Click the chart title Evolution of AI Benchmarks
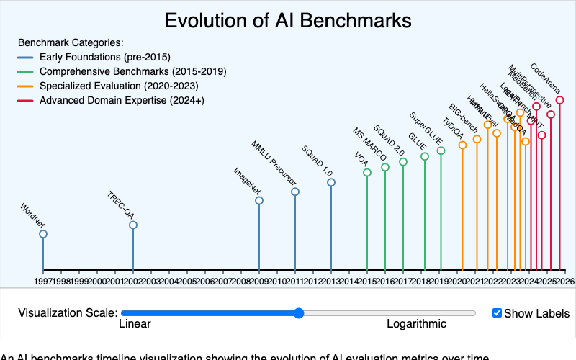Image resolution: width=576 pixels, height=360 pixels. [x=288, y=20]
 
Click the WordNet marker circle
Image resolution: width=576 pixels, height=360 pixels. [x=43, y=234]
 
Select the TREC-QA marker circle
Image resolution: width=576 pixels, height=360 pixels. [x=133, y=225]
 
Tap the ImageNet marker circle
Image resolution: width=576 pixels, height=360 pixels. [x=259, y=201]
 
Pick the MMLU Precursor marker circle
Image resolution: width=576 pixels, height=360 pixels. [x=295, y=192]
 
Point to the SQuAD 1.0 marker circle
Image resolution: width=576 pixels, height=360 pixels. [x=331, y=183]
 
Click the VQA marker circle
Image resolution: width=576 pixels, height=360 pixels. [x=367, y=173]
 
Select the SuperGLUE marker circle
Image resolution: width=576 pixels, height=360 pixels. [x=441, y=151]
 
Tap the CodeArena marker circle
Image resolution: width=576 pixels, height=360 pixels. [x=559, y=100]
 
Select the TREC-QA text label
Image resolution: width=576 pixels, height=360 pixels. [x=120, y=204]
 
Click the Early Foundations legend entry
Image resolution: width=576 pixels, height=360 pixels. [x=104, y=57]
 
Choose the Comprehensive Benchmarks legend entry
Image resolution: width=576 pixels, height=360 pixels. [x=132, y=71]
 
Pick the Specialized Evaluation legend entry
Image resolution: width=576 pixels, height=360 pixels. [x=119, y=86]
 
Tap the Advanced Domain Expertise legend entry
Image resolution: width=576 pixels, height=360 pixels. [x=122, y=100]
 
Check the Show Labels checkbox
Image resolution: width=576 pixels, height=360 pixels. [x=497, y=313]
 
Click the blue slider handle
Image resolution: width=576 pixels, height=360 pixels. [x=299, y=313]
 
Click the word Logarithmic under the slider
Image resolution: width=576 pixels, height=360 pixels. [x=416, y=324]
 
